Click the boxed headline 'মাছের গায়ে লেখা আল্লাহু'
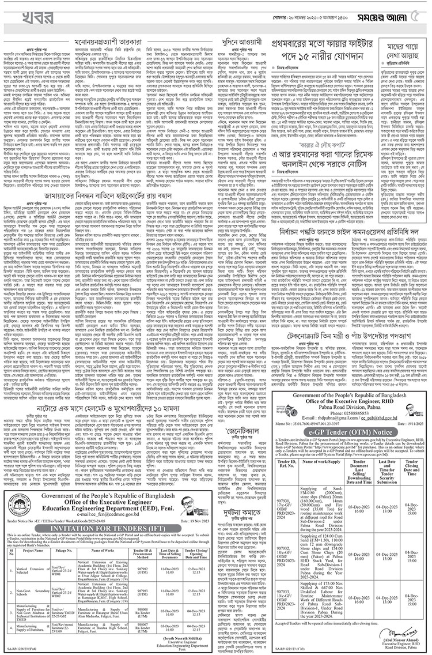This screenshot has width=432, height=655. (x=400, y=48)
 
